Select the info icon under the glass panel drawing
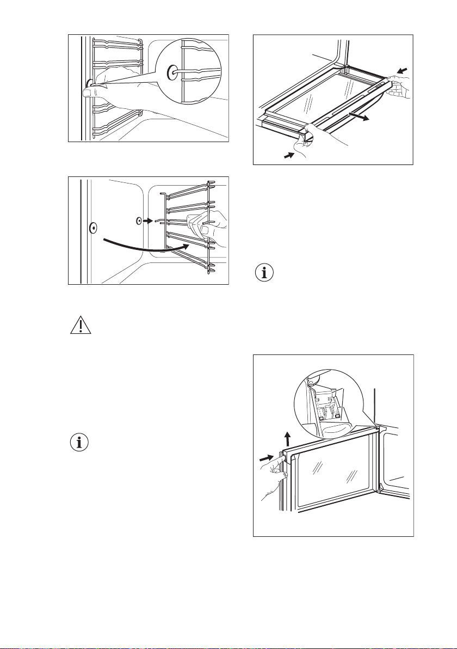(x=265, y=273)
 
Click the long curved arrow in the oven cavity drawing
(x=141, y=247)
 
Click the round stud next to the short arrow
(x=139, y=222)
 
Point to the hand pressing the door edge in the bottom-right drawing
(x=275, y=479)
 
